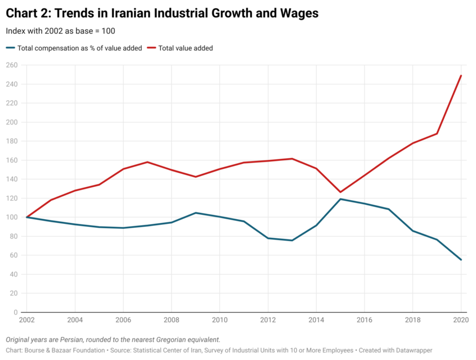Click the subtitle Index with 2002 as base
[60, 31]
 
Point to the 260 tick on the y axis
[12, 65]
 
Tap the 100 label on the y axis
[12, 217]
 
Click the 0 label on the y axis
[16, 312]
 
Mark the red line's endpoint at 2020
[461, 75]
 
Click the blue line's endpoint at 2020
[461, 259]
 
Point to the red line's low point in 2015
[341, 192]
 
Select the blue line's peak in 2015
[341, 199]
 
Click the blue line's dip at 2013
[292, 240]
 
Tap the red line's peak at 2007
[148, 162]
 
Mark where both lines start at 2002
[27, 217]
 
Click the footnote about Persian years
[113, 339]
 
